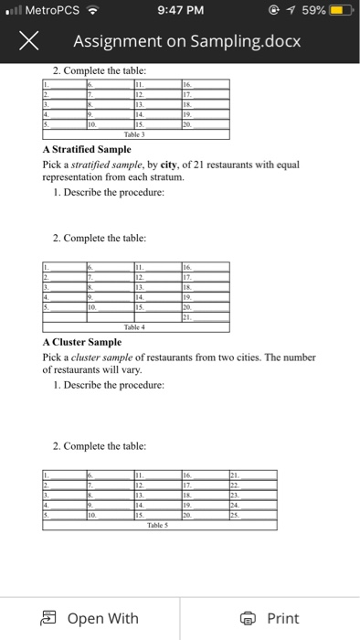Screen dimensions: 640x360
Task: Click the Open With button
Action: (x=93, y=618)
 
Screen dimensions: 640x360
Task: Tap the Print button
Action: (x=271, y=618)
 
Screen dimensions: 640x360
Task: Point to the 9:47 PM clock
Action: (x=180, y=12)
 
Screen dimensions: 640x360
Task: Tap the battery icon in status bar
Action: (x=338, y=12)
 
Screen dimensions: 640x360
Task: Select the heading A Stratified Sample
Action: (x=87, y=149)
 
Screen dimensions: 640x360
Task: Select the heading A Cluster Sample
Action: (x=81, y=344)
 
